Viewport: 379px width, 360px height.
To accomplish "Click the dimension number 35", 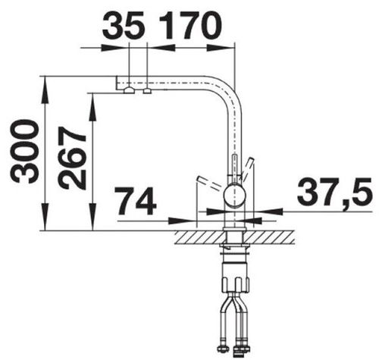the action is pyautogui.click(x=124, y=25).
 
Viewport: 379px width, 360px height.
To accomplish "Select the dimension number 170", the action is pyautogui.click(x=189, y=25).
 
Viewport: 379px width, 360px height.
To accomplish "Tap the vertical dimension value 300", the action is pyautogui.click(x=24, y=152).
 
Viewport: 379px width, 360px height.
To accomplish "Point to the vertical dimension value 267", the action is pyautogui.click(x=72, y=158).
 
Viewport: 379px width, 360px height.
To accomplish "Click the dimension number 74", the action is pyautogui.click(x=136, y=201).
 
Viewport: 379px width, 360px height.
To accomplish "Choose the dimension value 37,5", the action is pyautogui.click(x=334, y=191).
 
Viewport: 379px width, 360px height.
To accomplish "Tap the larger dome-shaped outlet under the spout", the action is pyautogui.click(x=129, y=90).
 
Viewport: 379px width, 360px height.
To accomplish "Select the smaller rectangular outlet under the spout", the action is pyautogui.click(x=147, y=91).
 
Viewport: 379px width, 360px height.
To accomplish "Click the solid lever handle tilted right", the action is pyautogui.click(x=247, y=167).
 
